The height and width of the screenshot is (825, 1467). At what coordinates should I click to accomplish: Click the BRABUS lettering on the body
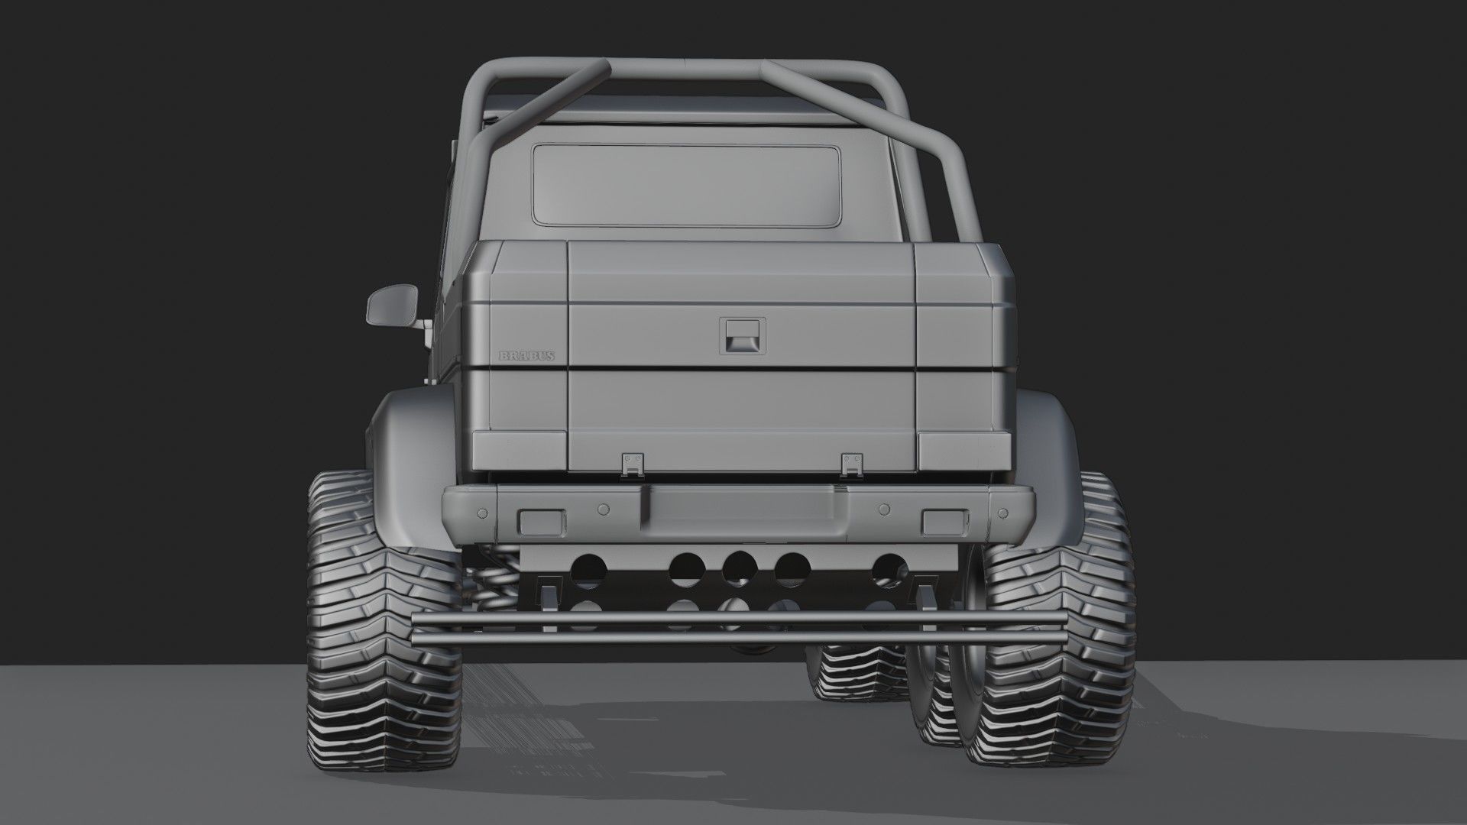[526, 356]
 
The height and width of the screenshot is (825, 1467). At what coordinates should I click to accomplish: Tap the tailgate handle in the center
[741, 335]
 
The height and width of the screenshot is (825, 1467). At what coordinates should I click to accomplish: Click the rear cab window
[686, 186]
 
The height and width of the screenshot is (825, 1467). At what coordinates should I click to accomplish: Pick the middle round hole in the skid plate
[739, 568]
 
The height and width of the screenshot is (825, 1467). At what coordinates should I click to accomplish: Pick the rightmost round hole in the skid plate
[889, 569]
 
